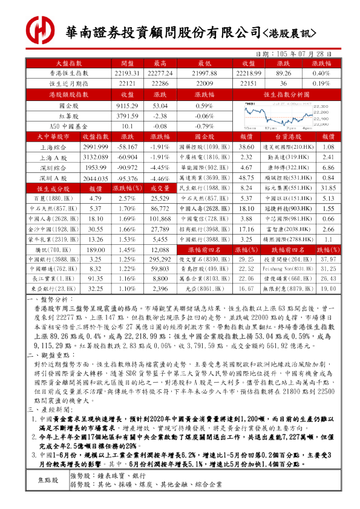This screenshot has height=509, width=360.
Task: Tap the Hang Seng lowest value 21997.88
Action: click(x=204, y=73)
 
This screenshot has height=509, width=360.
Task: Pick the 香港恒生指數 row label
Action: click(x=68, y=73)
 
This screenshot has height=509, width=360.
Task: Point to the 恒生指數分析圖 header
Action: click(x=287, y=95)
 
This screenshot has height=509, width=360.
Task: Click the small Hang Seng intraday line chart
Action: click(x=286, y=116)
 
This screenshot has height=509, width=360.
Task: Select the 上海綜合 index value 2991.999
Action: click(x=95, y=148)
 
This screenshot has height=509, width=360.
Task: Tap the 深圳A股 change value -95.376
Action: click(x=127, y=179)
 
